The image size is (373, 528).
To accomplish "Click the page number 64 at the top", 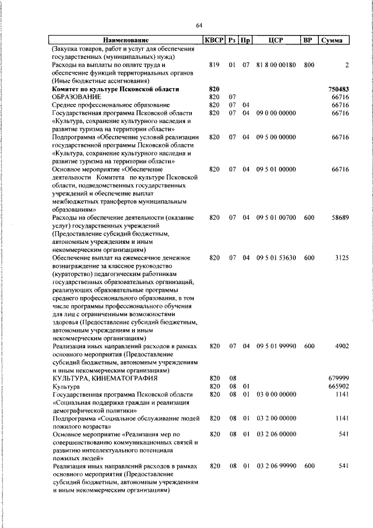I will point(199,25).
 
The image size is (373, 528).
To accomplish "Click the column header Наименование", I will point(126,40).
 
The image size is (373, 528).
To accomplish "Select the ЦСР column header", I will point(276,40).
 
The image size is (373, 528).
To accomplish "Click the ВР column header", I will point(308,40).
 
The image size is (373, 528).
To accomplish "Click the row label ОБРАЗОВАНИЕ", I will point(76,97).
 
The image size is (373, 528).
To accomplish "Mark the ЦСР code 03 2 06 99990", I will point(276,467).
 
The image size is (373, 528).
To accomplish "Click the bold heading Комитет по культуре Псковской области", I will point(115,89).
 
